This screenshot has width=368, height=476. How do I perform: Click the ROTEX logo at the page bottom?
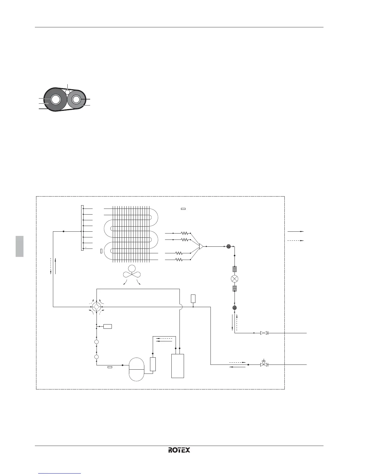coord(179,450)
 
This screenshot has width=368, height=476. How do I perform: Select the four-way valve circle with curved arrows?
coord(96,307)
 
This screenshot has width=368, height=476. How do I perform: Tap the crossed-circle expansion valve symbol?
coord(235,279)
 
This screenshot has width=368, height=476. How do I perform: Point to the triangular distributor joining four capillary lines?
coord(201,247)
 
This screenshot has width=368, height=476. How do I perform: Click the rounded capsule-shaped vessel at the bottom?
coord(136,369)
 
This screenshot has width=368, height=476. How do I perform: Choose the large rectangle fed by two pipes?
coord(177,366)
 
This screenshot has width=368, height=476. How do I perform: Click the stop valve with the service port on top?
coord(264,364)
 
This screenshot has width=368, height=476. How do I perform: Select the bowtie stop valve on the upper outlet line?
coord(264,333)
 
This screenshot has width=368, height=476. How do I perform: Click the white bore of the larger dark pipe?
coord(55,99)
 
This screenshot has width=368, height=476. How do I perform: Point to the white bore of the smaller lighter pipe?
coord(76,99)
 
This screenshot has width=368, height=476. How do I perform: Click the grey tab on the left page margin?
coord(20,246)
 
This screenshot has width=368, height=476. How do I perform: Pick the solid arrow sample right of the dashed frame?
coord(296,232)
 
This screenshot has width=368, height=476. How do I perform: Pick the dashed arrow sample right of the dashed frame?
coord(296,240)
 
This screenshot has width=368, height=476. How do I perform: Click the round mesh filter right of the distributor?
coord(228,247)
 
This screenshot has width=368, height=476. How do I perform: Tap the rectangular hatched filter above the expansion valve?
coord(235,269)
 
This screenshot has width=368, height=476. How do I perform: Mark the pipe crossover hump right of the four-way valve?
coord(180,307)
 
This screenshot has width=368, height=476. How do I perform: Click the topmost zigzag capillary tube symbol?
coord(184,233)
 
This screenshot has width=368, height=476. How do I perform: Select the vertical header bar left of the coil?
coord(82,227)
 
